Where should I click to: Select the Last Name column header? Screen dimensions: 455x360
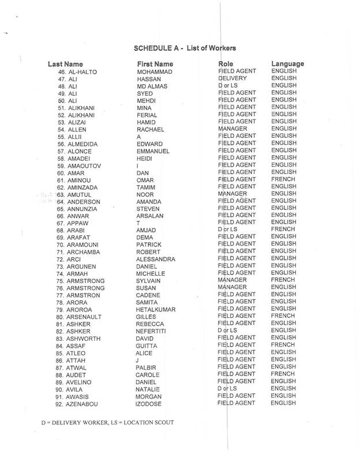pyautogui.click(x=65, y=63)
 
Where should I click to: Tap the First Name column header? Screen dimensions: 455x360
pyautogui.click(x=155, y=63)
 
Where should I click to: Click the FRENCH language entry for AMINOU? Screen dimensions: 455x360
pyautogui.click(x=283, y=179)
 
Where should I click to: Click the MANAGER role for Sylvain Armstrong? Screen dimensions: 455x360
pyautogui.click(x=233, y=280)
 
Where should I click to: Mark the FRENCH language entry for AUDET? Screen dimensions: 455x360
pyautogui.click(x=283, y=374)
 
